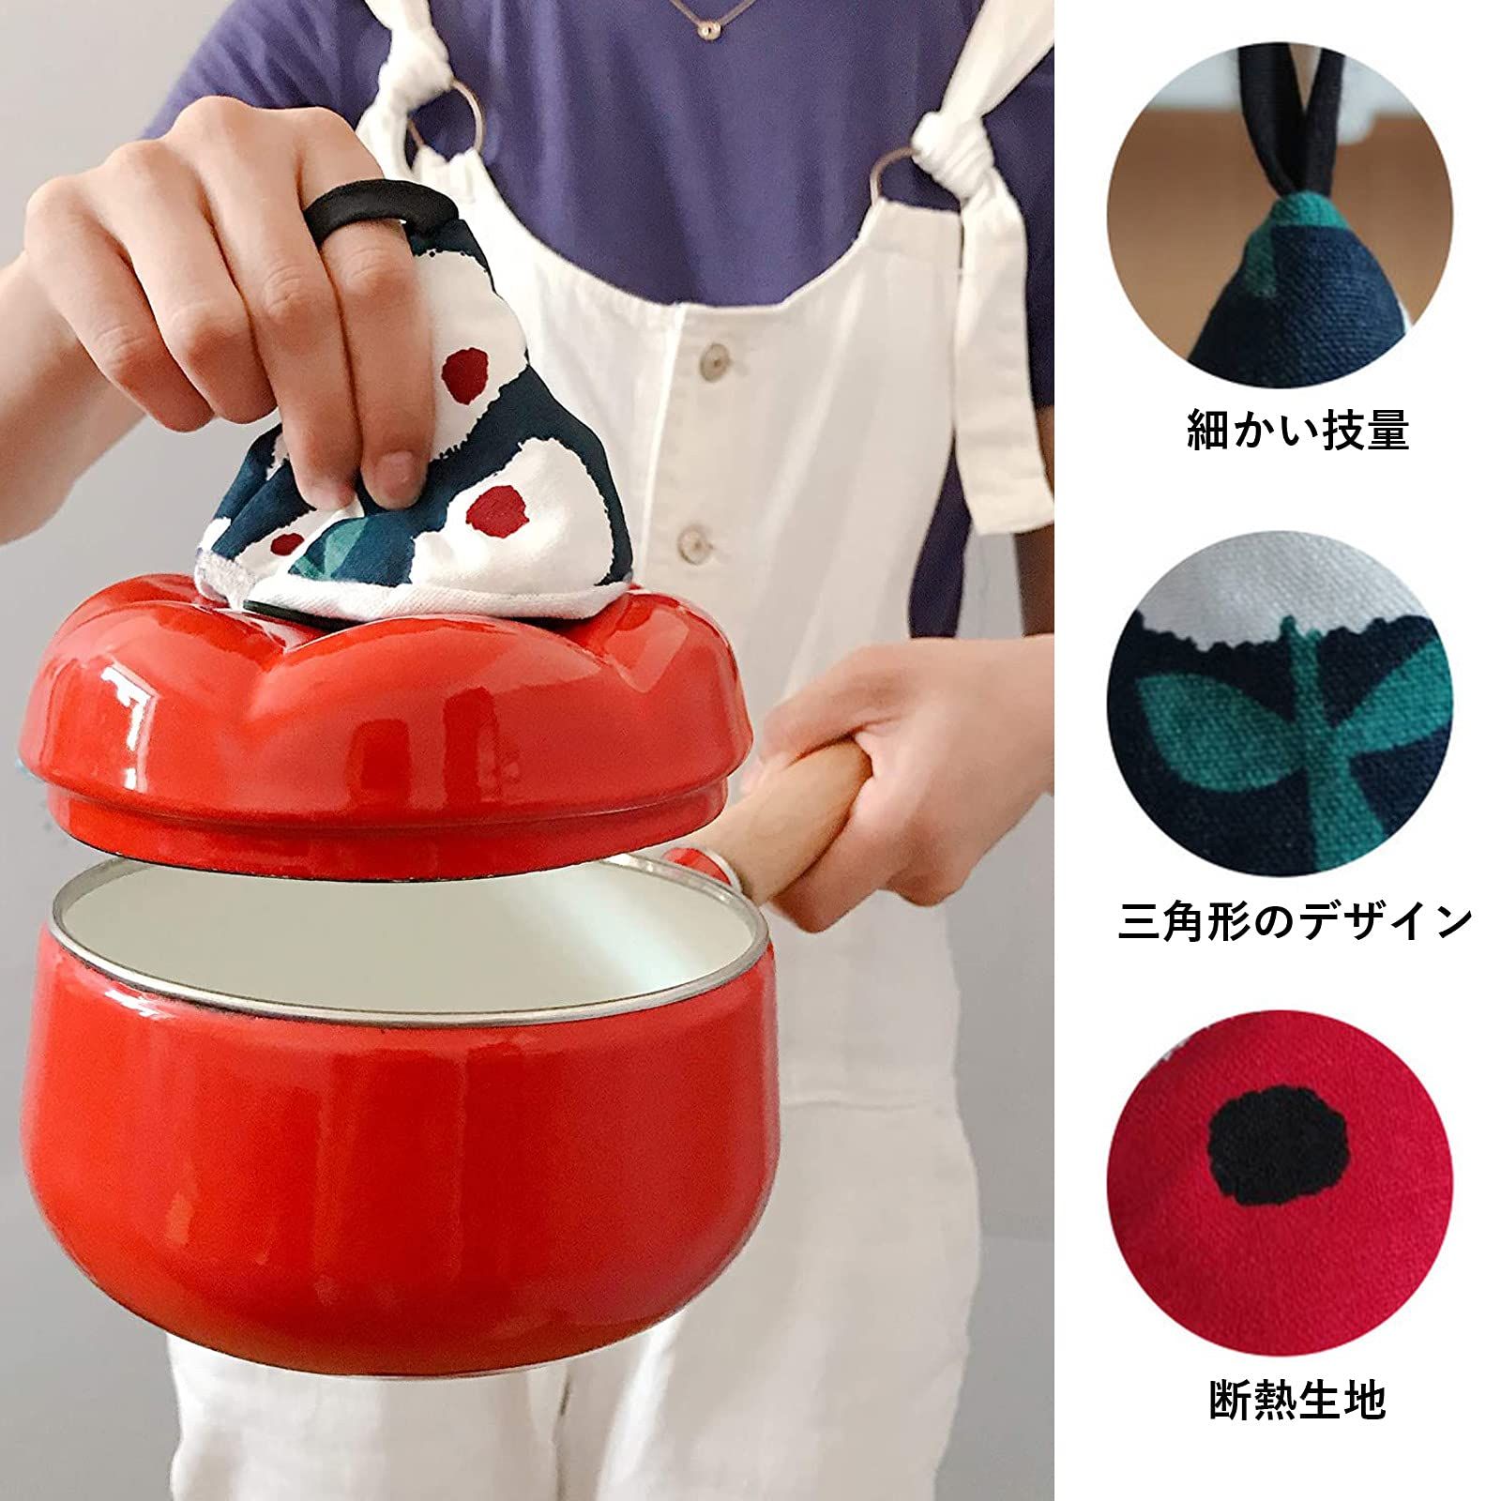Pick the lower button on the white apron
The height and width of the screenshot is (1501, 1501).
[691, 542]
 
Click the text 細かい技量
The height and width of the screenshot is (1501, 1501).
[1298, 429]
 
